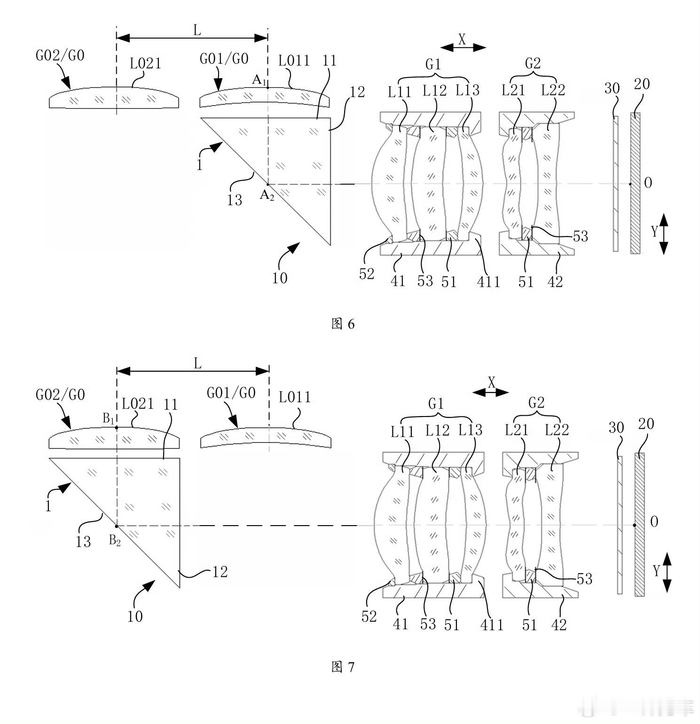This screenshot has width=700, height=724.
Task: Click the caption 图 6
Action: pyautogui.click(x=343, y=324)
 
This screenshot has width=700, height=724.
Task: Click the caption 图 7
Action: pyautogui.click(x=343, y=667)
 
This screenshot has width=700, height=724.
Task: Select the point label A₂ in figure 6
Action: pyautogui.click(x=267, y=195)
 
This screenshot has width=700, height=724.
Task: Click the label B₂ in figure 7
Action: pyautogui.click(x=115, y=541)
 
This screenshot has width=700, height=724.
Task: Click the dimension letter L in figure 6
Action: pyautogui.click(x=197, y=31)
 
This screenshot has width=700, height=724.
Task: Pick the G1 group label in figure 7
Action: pyautogui.click(x=436, y=403)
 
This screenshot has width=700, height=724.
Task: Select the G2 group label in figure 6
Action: pyautogui.click(x=533, y=63)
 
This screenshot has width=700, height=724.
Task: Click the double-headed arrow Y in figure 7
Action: pyautogui.click(x=667, y=573)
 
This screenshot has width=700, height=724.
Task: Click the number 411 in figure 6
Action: pyautogui.click(x=488, y=282)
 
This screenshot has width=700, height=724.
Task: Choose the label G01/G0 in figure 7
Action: pyautogui.click(x=231, y=392)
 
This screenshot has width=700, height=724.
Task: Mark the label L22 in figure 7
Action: pyautogui.click(x=557, y=429)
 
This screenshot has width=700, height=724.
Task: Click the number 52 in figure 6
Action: pyautogui.click(x=367, y=274)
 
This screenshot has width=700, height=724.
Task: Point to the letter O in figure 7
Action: pyautogui.click(x=654, y=521)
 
